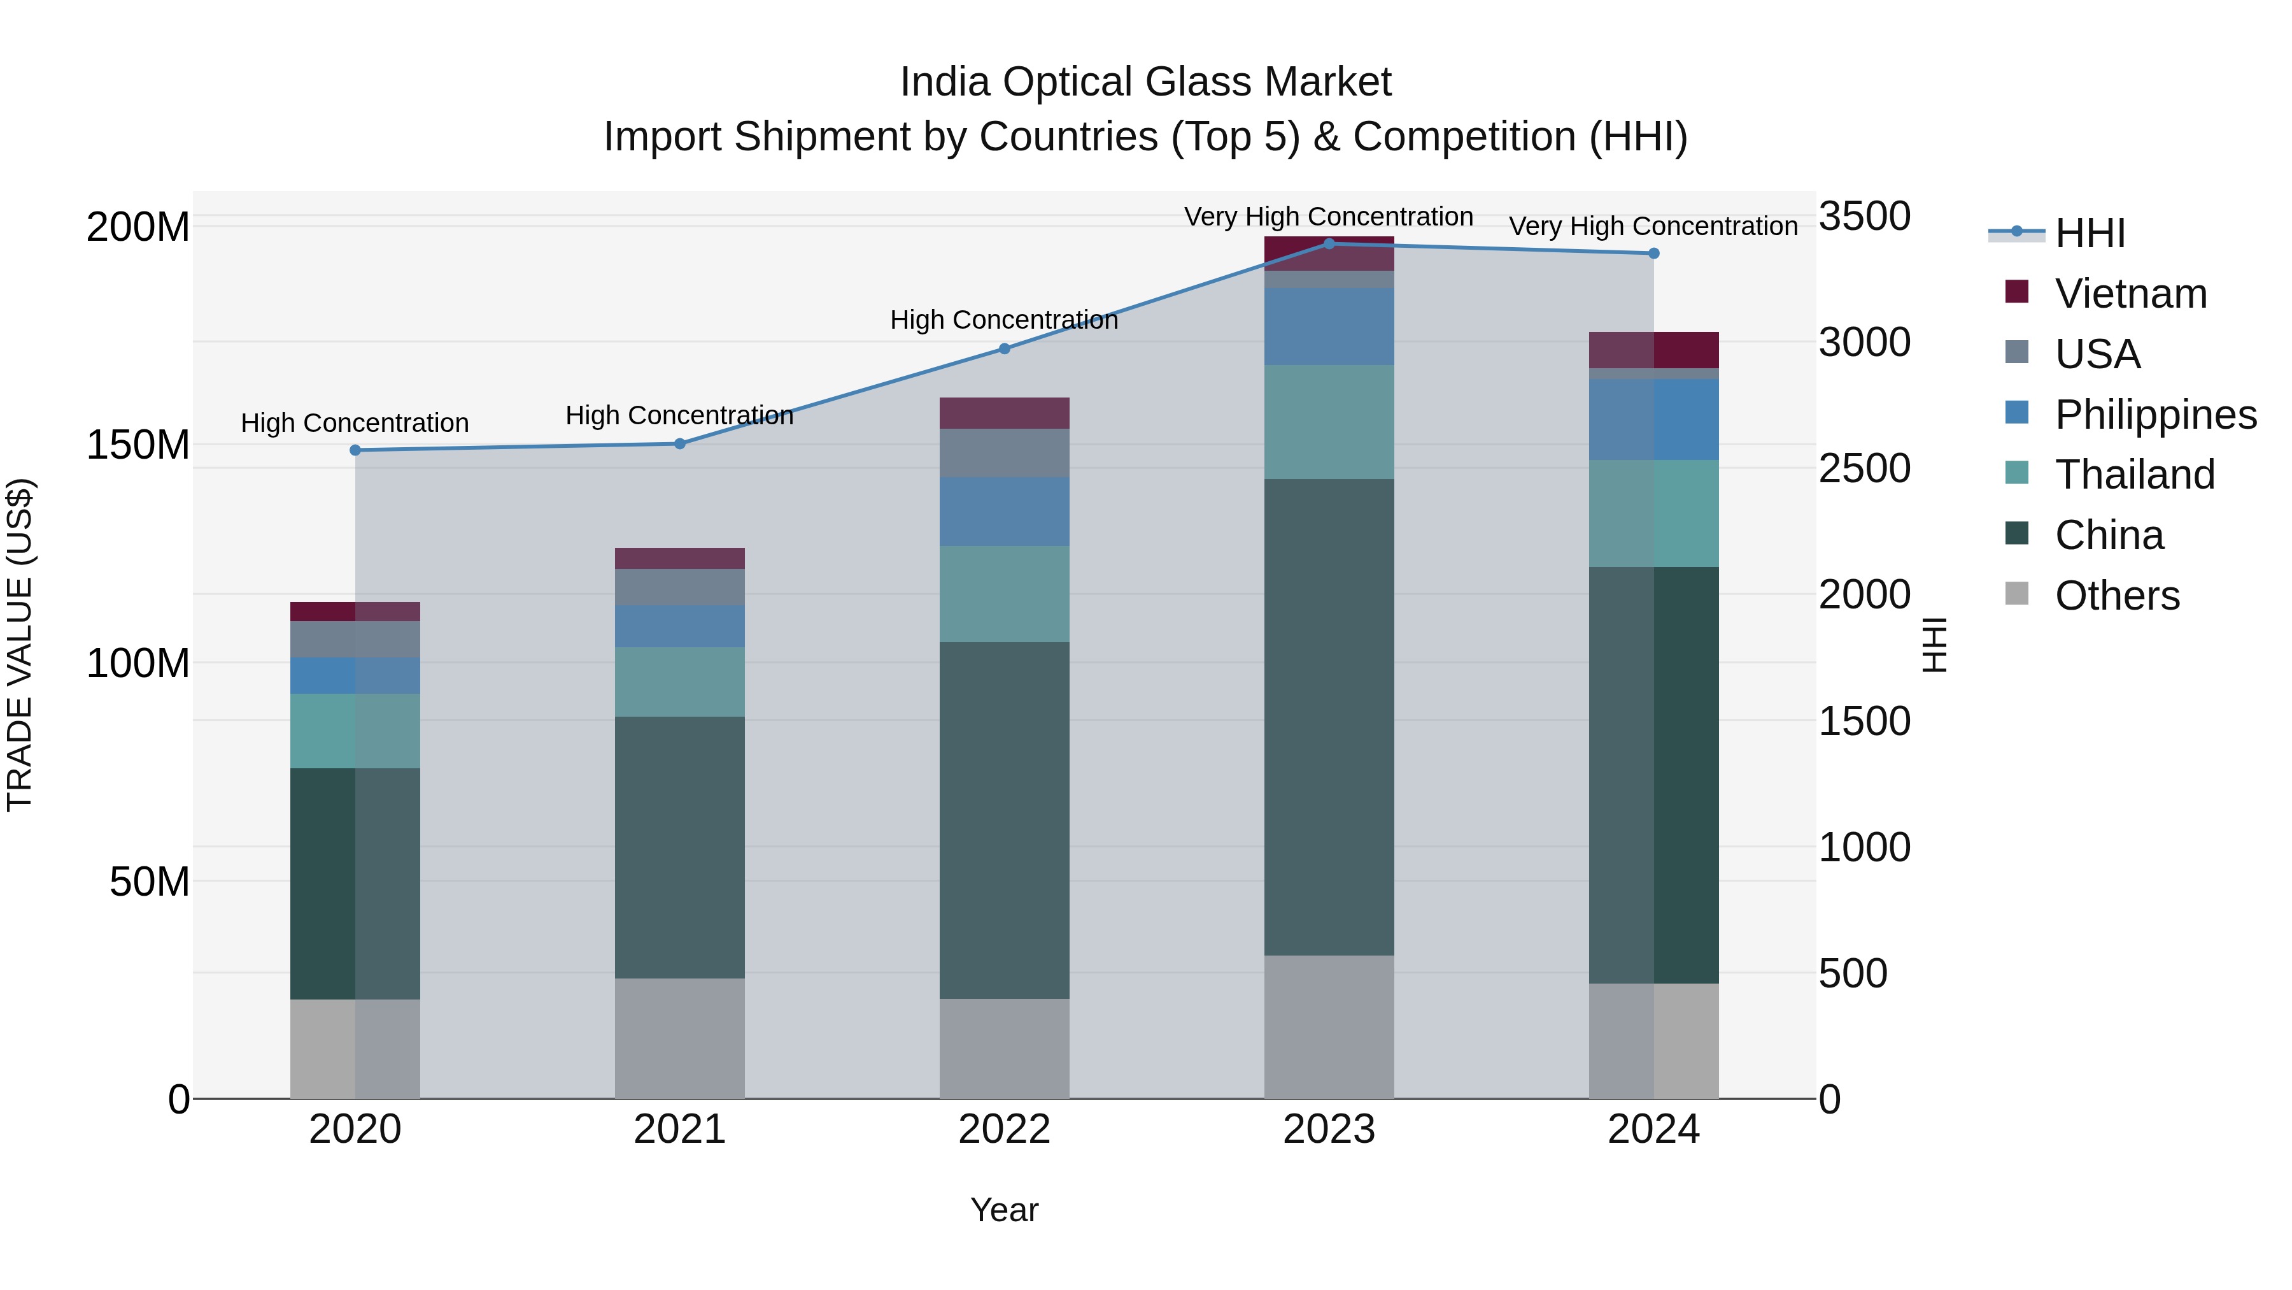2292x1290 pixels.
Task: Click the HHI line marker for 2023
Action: pos(1329,244)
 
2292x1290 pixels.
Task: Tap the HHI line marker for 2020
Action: pos(355,450)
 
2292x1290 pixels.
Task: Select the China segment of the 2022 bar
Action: pos(1005,819)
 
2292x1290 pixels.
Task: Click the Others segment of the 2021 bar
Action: pos(680,1038)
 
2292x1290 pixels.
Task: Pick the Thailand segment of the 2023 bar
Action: pos(1329,422)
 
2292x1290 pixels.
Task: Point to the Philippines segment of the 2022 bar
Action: pos(1005,511)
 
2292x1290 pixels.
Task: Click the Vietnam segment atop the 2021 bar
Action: pos(680,558)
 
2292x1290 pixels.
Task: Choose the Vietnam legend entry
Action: pos(2130,294)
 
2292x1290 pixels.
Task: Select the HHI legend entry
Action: pos(2088,233)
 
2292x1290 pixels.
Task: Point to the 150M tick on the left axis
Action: pos(138,444)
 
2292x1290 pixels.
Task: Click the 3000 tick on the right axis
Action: pos(1864,342)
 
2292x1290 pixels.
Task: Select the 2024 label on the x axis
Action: pos(1653,1129)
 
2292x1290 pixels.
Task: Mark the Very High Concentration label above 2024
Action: pos(1653,226)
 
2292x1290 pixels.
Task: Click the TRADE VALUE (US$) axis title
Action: pos(20,645)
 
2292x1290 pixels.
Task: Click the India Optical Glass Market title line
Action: pos(1145,82)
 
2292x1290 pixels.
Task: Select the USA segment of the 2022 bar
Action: pos(1005,453)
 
